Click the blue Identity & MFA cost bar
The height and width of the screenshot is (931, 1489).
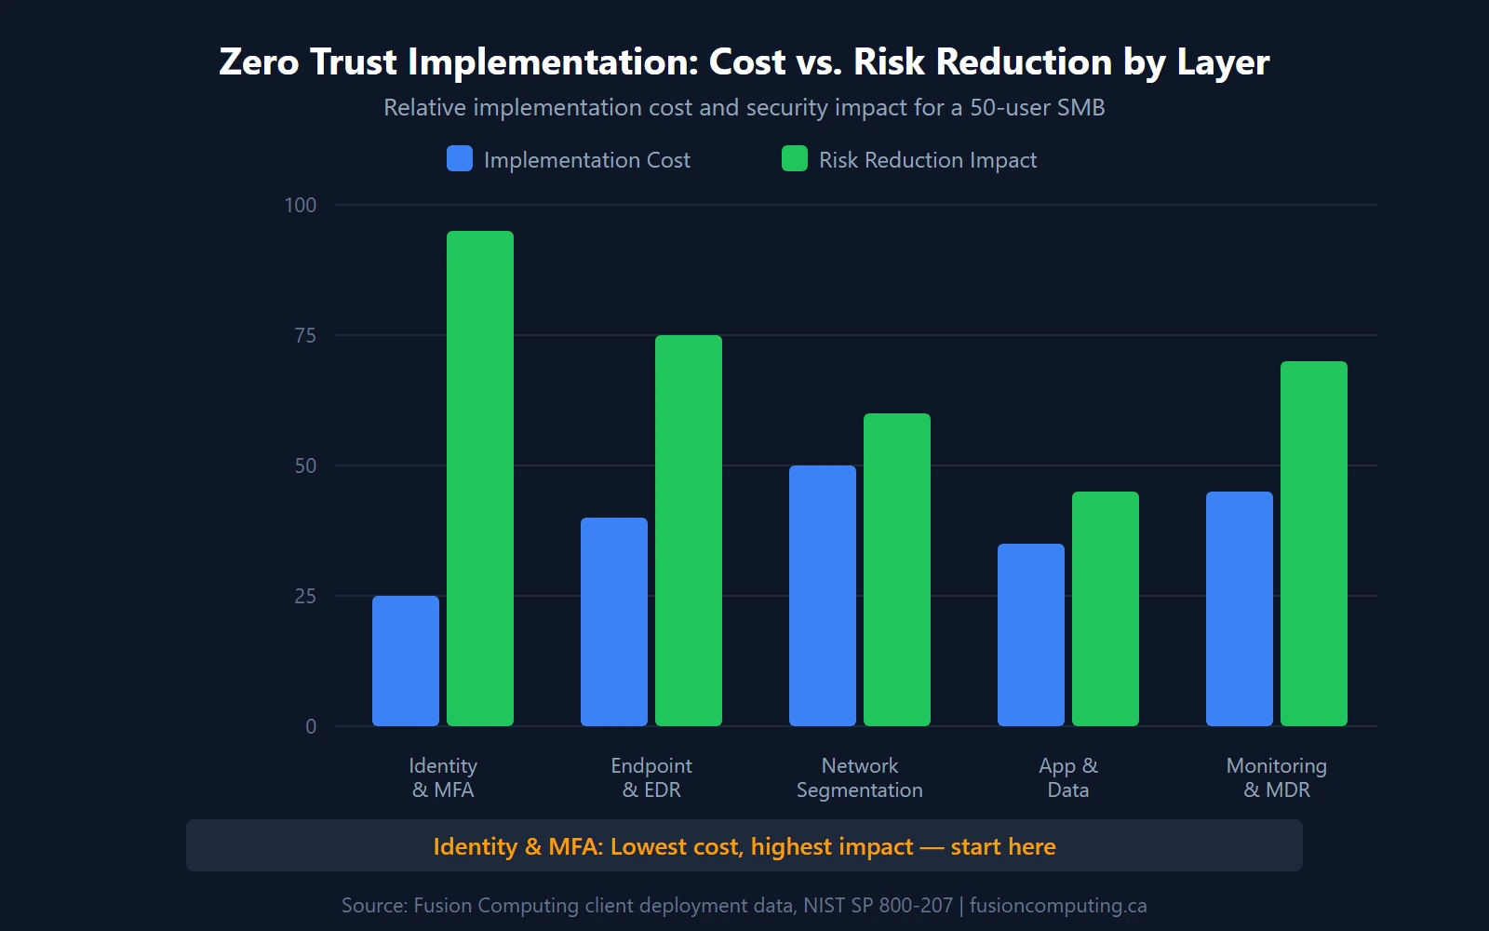406,661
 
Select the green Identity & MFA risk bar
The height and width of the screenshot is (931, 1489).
480,479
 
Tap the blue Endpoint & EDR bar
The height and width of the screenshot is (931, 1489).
614,622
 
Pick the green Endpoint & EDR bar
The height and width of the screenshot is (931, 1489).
689,531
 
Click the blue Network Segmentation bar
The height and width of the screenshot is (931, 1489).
823,596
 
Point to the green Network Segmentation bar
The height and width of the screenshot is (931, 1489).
897,570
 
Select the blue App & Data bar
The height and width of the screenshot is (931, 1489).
1031,635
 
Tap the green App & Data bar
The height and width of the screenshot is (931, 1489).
1106,609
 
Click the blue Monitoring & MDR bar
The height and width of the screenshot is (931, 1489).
1240,609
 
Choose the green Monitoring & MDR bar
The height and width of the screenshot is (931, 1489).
1314,544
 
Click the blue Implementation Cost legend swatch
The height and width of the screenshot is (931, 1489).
460,159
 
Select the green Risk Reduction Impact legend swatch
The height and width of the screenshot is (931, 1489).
795,159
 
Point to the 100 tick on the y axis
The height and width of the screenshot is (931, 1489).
301,205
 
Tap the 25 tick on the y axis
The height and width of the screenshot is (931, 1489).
305,596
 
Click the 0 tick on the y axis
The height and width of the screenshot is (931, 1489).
311,726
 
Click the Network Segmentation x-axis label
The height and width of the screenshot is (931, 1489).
860,777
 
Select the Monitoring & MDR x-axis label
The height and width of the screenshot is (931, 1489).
1277,777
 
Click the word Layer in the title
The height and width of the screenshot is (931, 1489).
1223,62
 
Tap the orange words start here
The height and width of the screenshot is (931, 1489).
1003,846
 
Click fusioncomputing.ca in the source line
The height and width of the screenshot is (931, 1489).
1058,905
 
